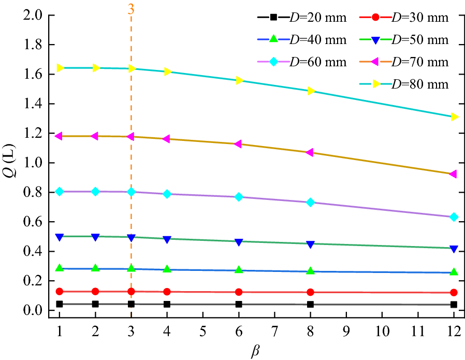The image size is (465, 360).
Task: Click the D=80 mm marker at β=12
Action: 454,117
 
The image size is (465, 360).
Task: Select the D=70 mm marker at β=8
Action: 310,152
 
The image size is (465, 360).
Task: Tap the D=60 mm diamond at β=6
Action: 239,197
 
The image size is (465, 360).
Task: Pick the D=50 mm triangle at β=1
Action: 60,237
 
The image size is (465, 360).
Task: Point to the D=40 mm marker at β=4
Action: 167,269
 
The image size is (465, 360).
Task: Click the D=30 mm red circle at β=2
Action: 95,292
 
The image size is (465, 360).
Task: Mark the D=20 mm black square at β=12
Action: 454,305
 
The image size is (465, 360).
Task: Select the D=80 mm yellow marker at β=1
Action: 60,68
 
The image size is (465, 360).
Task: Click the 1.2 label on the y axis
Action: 34,133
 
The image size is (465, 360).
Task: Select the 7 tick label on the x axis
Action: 274,330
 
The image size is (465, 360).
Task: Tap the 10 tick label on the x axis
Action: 382,330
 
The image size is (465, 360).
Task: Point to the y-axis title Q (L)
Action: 11,162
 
